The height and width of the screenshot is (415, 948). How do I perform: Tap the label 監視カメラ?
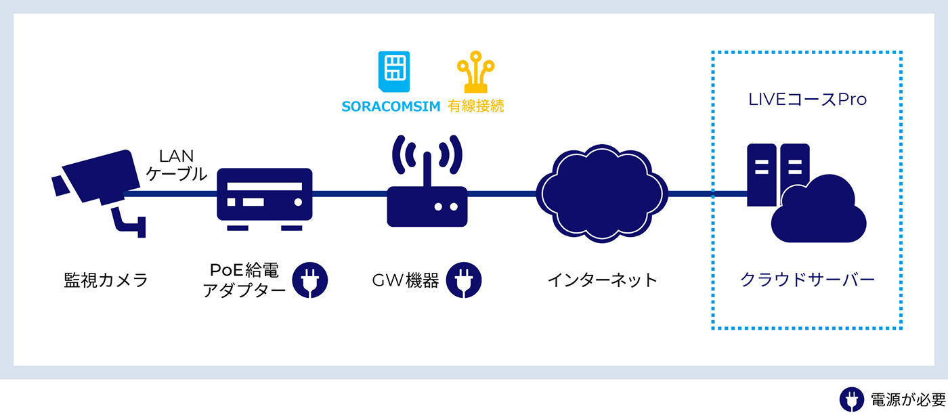tap(106, 280)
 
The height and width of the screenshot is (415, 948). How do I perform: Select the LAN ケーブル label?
tap(176, 165)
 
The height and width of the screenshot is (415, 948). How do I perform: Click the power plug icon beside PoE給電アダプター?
tap(310, 280)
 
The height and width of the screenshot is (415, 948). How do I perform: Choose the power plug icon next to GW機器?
tap(464, 280)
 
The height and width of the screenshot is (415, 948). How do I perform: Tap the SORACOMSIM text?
tap(391, 107)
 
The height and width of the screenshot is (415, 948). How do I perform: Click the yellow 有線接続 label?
tap(476, 107)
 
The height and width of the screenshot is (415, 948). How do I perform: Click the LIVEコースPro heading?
tap(807, 100)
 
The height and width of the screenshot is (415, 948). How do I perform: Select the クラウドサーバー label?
tap(807, 280)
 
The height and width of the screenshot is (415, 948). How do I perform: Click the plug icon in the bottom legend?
tap(851, 399)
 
